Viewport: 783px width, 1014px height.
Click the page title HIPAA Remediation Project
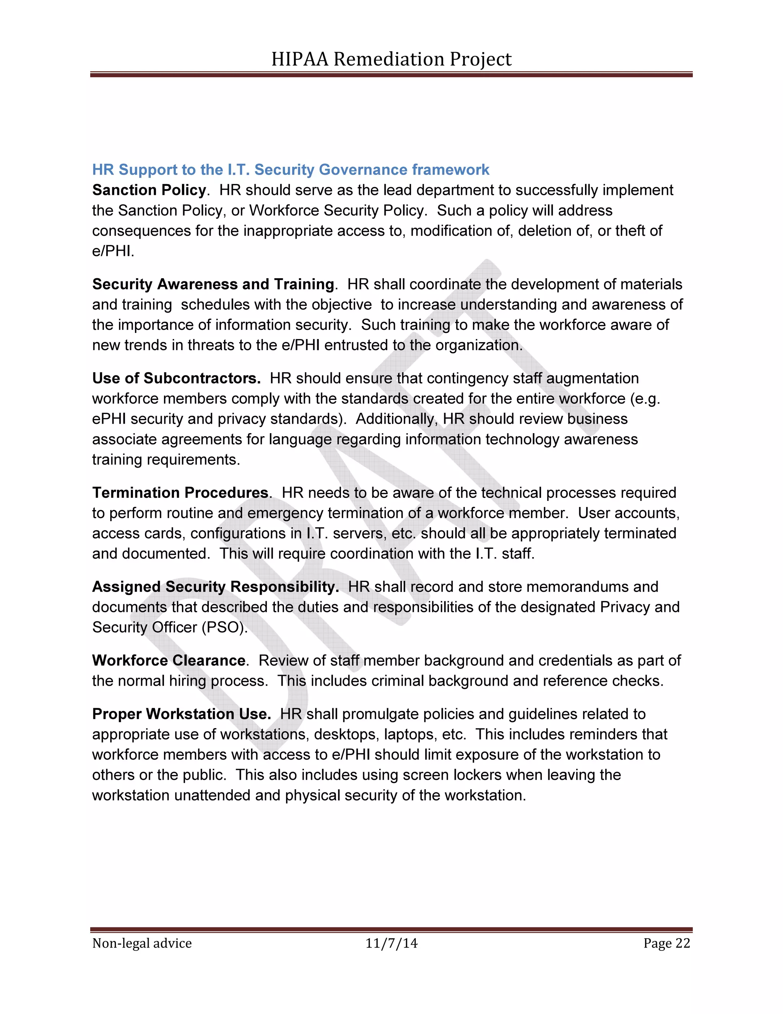pos(391,59)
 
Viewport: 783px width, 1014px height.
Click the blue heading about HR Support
pos(291,170)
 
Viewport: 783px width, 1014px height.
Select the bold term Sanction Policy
pos(149,190)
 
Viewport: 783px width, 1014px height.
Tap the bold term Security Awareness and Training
pos(213,284)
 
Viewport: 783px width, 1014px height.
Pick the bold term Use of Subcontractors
pos(176,378)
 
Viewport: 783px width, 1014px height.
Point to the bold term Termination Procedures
pos(180,492)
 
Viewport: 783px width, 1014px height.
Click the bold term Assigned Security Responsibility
pos(215,587)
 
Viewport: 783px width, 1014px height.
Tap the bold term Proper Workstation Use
pos(181,714)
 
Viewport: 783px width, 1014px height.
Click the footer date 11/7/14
pos(391,944)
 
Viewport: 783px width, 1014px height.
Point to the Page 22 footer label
pos(666,944)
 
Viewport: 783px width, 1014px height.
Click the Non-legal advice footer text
pos(142,944)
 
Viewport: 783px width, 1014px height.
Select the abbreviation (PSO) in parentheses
pos(224,628)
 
